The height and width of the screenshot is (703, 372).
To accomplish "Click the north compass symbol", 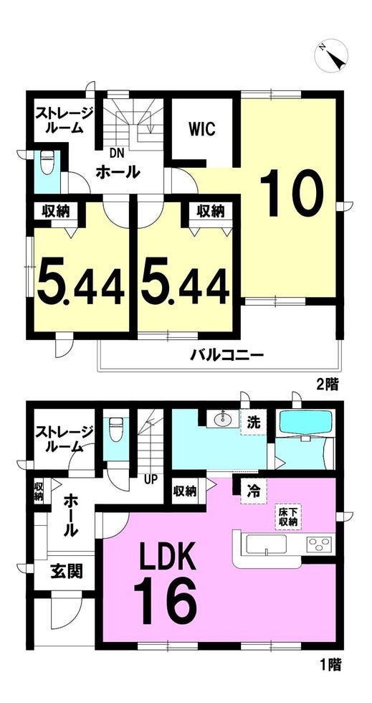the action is click(x=331, y=55).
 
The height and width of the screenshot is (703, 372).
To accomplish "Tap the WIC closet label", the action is click(x=201, y=130).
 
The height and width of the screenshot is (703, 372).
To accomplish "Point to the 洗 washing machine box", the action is click(x=253, y=422).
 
